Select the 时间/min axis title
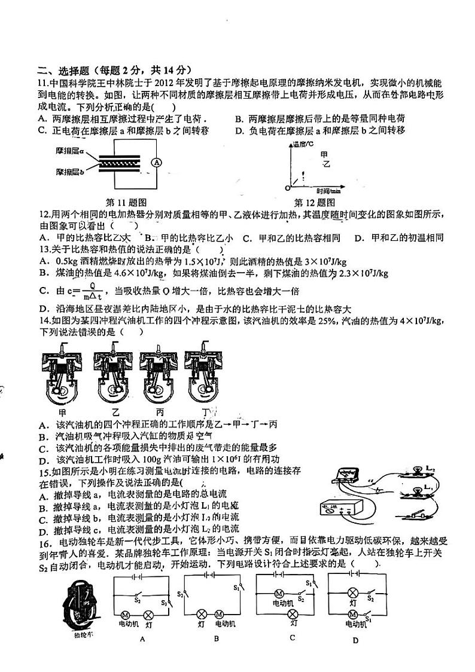click(x=330, y=191)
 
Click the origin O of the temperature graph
click(x=287, y=187)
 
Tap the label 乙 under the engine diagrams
click(x=115, y=413)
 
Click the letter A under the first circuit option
click(x=142, y=639)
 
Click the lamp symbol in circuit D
click(x=353, y=592)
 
